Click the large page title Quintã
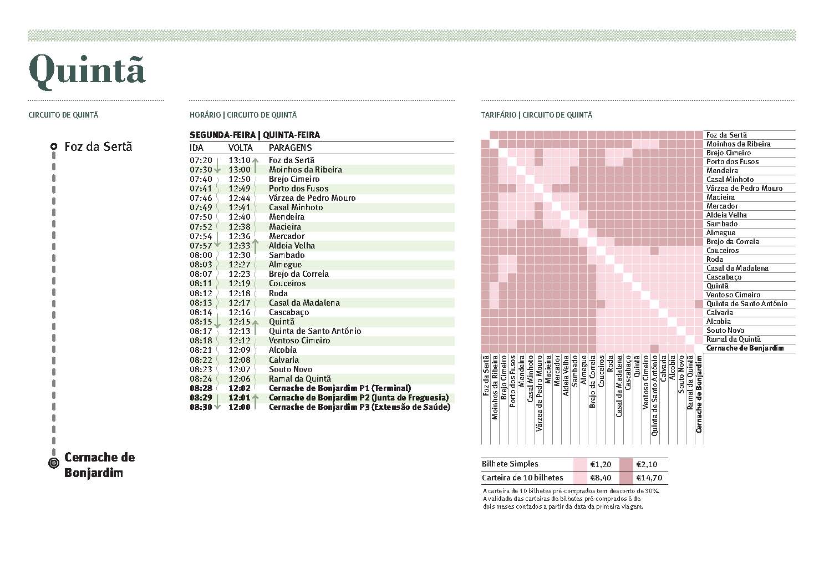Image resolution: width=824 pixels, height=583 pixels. click(87, 70)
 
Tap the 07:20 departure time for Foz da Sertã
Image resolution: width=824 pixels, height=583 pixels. click(201, 160)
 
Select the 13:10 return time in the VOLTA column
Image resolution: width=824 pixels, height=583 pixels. click(240, 160)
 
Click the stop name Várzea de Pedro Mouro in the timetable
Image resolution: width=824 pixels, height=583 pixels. click(312, 198)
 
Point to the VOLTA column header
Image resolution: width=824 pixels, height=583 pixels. click(240, 148)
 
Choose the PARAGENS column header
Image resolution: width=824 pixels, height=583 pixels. click(290, 148)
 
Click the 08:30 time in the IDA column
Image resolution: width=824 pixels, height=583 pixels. click(201, 407)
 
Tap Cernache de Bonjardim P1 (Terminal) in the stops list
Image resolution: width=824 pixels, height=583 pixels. click(339, 388)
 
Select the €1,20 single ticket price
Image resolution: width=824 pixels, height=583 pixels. click(601, 464)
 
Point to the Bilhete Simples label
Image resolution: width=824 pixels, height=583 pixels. click(510, 464)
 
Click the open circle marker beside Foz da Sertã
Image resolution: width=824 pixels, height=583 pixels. click(53, 146)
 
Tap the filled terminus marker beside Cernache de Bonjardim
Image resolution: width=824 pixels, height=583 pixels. click(53, 463)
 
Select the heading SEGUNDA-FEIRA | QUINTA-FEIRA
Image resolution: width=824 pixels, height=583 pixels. click(255, 135)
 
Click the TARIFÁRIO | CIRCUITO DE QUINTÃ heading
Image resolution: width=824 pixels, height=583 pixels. click(536, 115)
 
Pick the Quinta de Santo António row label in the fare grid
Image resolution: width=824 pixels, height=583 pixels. click(746, 304)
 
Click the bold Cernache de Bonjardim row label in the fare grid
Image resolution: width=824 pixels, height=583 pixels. click(745, 348)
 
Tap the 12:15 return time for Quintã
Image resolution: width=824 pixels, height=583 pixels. click(240, 322)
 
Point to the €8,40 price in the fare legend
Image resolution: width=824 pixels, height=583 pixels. click(601, 478)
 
